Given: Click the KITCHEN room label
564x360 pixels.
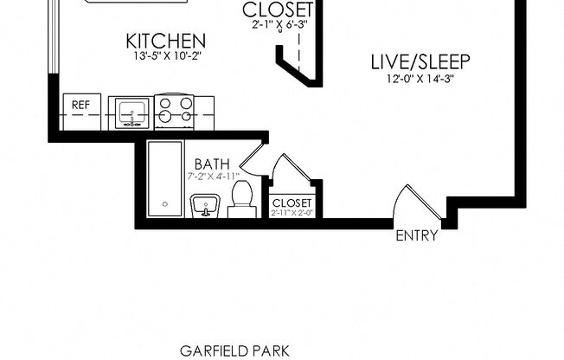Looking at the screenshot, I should coord(165,41).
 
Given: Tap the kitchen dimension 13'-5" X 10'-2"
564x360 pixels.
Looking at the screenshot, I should coord(165,57).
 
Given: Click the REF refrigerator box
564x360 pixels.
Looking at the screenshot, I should coord(80,106).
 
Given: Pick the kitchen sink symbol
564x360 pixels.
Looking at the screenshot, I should coord(131,112).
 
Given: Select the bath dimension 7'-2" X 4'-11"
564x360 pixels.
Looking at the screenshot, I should coord(213,177).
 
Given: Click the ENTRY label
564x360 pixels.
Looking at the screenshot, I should coord(416,235).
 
